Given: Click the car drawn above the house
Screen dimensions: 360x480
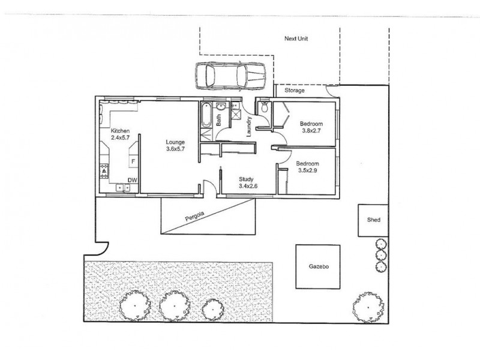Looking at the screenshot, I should click(229, 75).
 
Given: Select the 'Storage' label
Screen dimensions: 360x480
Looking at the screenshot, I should click(295, 91).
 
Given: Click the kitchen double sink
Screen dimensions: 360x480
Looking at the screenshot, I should click(124, 188).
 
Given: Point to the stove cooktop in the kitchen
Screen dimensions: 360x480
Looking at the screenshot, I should click(103, 172).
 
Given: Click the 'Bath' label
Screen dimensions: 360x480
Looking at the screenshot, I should click(219, 121).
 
